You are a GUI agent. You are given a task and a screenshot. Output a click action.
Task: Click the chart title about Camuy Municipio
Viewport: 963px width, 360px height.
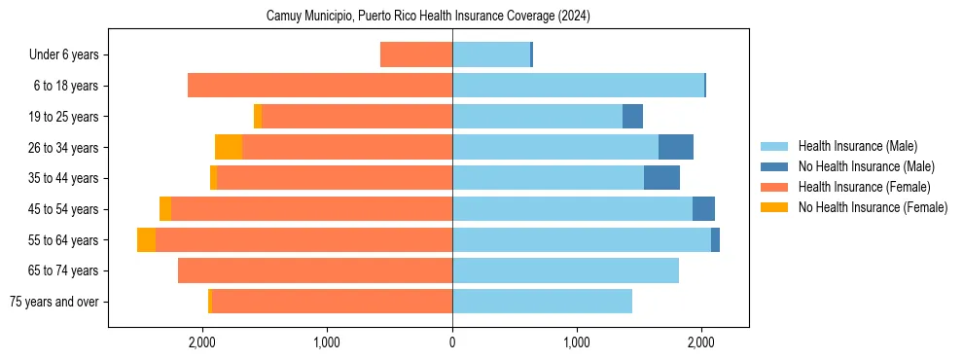(428, 17)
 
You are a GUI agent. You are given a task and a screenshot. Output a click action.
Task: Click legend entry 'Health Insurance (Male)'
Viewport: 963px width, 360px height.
(857, 146)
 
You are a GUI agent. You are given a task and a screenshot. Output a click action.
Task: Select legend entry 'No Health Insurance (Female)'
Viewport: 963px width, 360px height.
(873, 207)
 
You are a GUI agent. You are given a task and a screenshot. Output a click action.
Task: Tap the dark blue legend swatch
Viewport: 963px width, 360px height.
(774, 166)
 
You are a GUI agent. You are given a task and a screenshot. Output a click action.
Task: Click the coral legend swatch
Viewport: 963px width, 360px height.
(774, 187)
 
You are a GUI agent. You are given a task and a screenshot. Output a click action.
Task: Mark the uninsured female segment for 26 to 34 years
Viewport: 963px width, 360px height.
(229, 147)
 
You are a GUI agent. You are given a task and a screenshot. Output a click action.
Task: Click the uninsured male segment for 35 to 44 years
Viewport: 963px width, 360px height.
(661, 178)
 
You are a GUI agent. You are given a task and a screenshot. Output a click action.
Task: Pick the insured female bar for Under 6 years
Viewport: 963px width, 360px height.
(416, 54)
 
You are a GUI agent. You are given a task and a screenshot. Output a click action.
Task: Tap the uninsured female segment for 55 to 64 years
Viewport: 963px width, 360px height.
(146, 239)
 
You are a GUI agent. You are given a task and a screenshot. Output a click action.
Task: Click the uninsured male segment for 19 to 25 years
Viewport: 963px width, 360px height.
(632, 117)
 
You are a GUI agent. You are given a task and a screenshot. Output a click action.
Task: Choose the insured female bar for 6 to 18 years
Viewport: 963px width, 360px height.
(320, 86)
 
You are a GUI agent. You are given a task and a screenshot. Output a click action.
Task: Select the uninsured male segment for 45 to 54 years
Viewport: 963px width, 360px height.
(703, 209)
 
